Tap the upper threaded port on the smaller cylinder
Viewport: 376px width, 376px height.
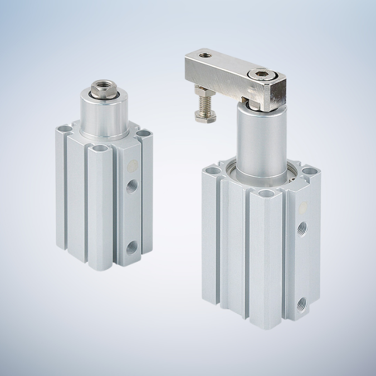(132, 184)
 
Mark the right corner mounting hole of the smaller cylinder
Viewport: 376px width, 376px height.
(144, 134)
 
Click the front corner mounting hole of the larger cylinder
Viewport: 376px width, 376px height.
(267, 193)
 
